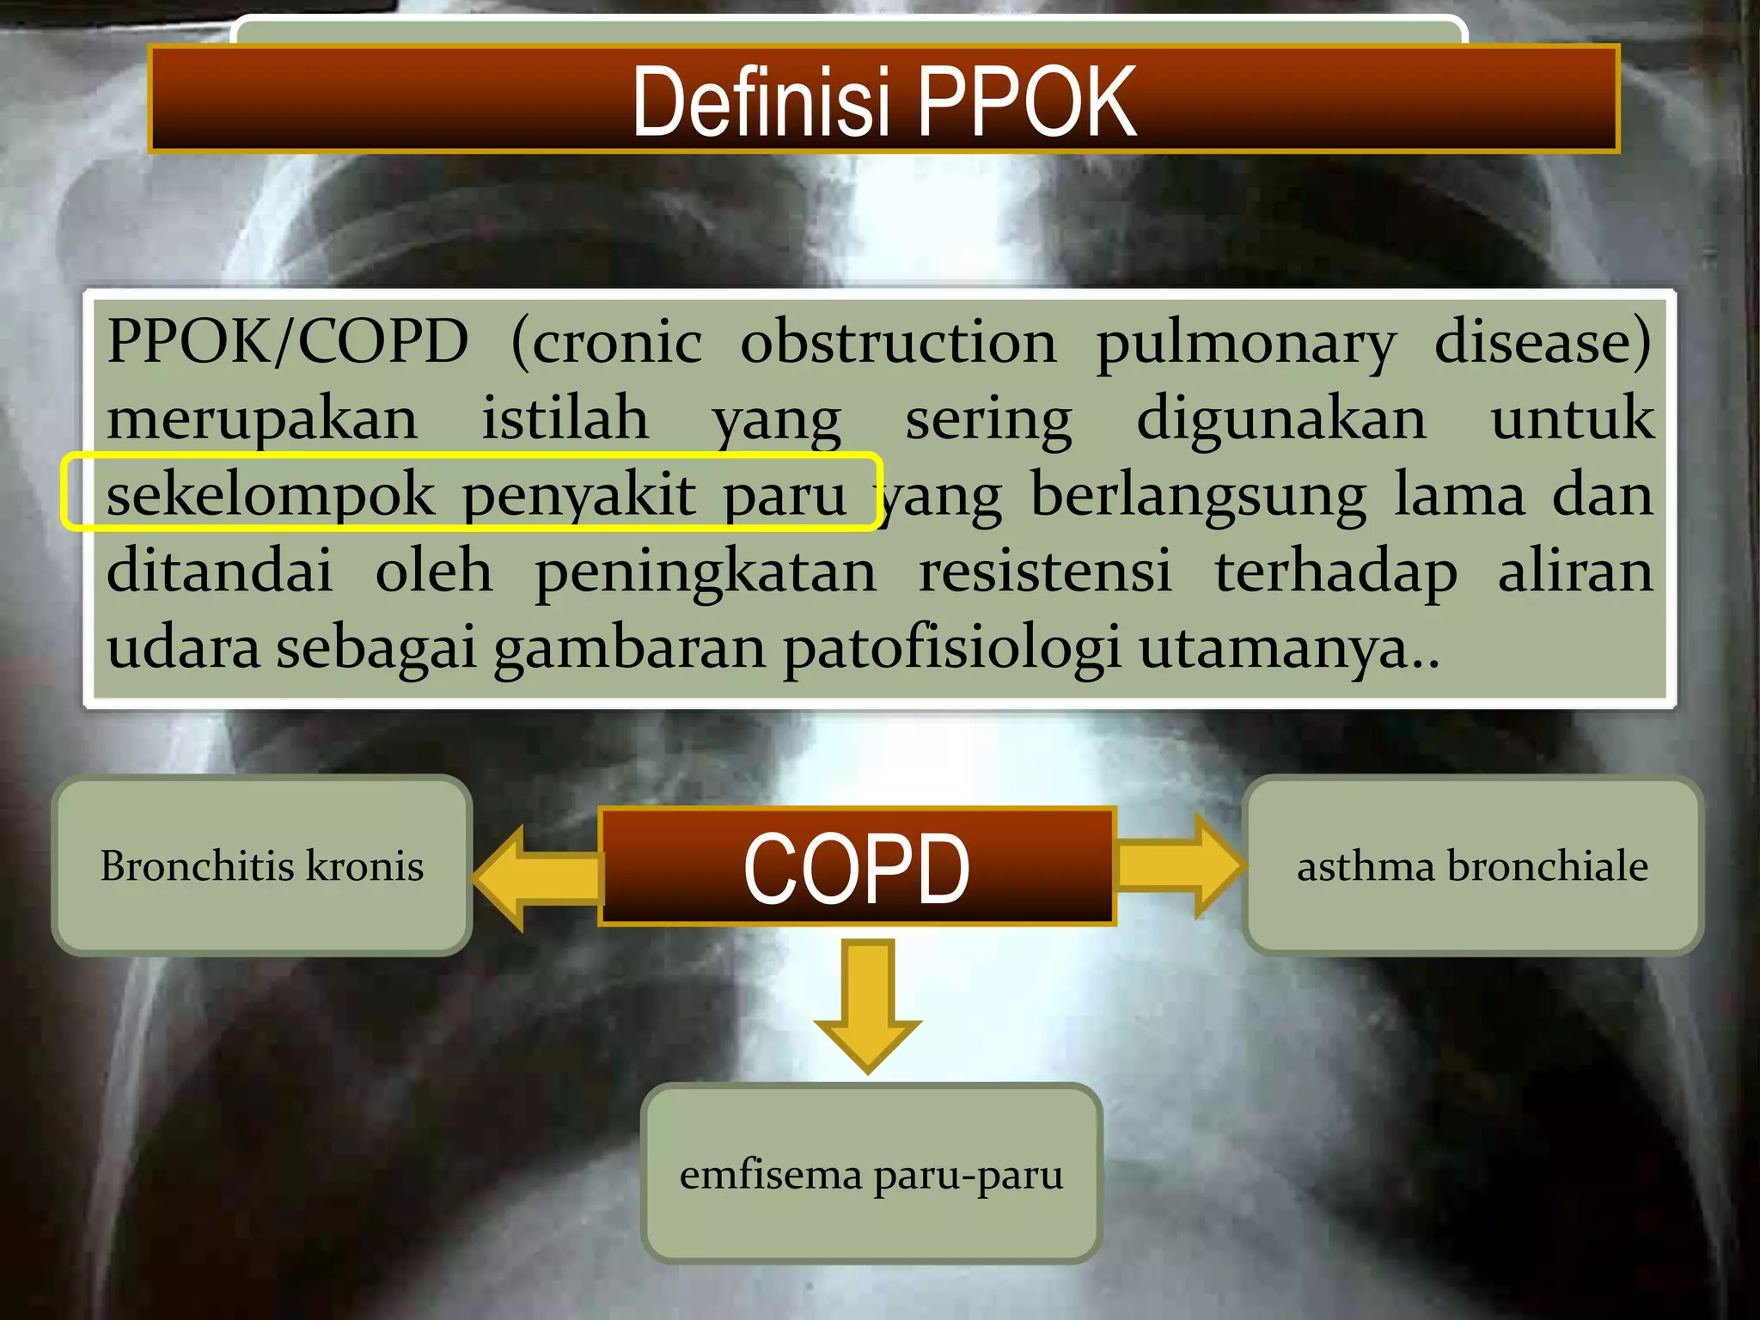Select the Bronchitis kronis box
[262, 865]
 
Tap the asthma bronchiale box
[1472, 865]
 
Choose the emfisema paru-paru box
[871, 1174]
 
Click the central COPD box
[857, 867]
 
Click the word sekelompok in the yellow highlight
[271, 495]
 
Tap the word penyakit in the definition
[578, 495]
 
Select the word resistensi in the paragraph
[1045, 571]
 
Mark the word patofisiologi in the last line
[951, 647]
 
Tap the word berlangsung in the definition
[1198, 495]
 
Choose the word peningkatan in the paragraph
[706, 571]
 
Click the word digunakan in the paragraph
[1280, 419]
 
